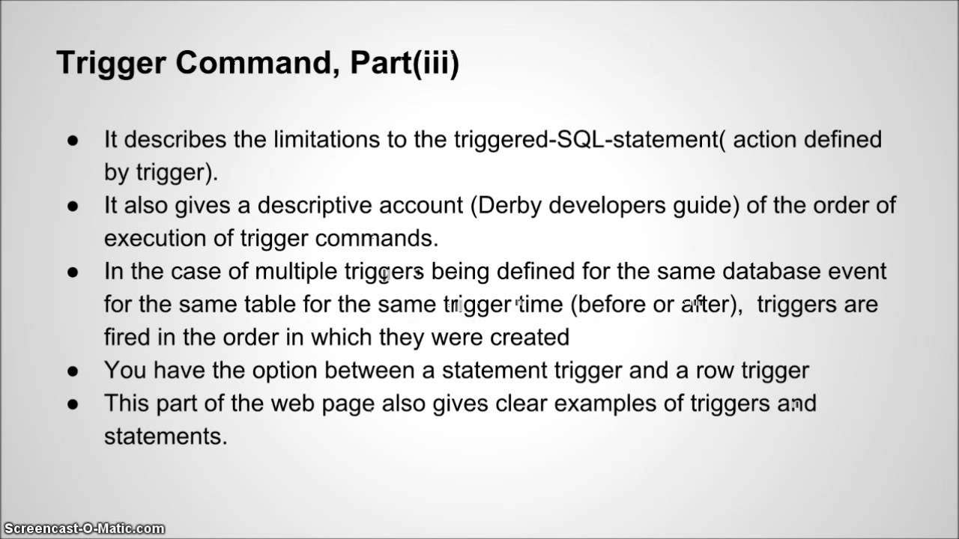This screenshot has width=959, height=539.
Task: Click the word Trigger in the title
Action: point(110,64)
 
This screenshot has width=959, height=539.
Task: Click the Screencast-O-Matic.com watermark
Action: point(82,529)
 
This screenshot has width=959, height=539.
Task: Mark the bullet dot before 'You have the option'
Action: point(73,371)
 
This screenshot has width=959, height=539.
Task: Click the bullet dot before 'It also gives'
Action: point(73,206)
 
